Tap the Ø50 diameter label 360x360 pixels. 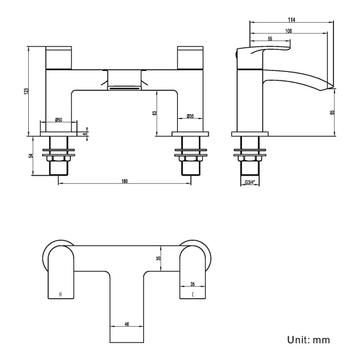[x=58, y=121]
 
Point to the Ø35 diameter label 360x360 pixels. [x=189, y=116]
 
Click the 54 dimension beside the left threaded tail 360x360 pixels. [x=32, y=156]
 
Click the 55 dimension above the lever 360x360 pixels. [x=270, y=38]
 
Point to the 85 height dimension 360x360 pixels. [x=332, y=112]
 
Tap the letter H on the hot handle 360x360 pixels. [x=60, y=294]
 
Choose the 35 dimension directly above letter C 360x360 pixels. [x=192, y=281]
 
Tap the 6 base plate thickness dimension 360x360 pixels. [x=85, y=133]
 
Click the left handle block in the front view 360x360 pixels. [x=59, y=58]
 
